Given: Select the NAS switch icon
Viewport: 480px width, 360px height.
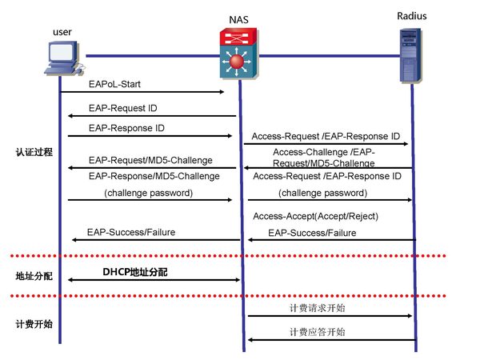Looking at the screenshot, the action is point(238,54).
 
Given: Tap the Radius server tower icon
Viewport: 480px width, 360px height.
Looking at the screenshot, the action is point(411,55).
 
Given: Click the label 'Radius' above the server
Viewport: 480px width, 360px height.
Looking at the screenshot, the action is point(412,16).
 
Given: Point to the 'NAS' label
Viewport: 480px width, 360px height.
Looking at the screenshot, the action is point(238,19).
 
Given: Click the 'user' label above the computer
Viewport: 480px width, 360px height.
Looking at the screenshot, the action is point(62,32).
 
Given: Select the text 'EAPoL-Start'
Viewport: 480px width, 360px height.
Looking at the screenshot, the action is point(114,84).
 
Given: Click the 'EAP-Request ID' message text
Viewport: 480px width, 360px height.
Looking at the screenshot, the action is point(122,108).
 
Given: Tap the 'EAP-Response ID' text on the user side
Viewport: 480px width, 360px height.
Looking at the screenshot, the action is point(126,128).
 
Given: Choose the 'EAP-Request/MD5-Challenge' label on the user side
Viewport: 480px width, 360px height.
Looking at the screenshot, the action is point(150,160).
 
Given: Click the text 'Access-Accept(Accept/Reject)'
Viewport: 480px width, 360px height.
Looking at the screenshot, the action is point(316,217).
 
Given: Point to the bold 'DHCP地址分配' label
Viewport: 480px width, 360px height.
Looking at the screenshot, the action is point(135,272).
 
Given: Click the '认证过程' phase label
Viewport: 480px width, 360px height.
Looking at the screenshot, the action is point(34,152).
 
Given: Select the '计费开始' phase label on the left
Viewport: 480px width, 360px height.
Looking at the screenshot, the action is point(34,324).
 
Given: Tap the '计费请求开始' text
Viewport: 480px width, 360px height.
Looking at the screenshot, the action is point(318,308).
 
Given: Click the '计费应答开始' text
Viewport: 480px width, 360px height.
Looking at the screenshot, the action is point(318,332).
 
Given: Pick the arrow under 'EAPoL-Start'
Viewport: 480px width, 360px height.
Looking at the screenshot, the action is point(142,92).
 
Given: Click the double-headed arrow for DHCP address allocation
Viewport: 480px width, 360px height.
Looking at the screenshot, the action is point(154,280).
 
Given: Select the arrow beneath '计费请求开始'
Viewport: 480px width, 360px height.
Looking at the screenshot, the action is point(330,316).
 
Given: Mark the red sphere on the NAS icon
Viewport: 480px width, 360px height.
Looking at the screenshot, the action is point(236,62).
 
